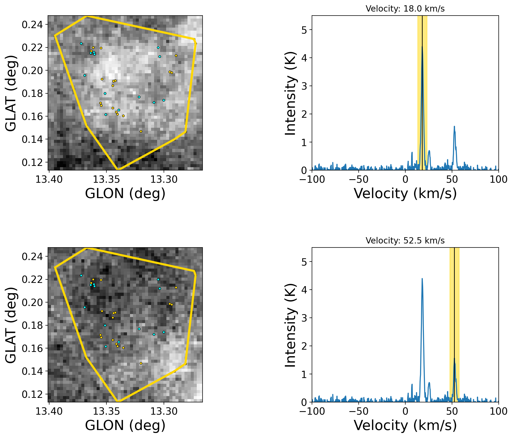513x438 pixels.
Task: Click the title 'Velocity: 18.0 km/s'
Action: point(405,9)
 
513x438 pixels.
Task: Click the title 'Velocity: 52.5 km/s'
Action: point(405,241)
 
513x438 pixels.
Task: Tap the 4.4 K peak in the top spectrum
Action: point(422,47)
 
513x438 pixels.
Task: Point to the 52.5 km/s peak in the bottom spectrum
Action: point(454,359)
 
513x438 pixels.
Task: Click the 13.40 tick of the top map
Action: point(49,179)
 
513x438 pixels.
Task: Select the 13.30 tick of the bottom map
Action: point(164,411)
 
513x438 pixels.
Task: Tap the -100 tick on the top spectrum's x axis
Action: point(312,179)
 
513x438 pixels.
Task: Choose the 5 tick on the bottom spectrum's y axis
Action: point(304,262)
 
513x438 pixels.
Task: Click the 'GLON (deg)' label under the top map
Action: point(125,194)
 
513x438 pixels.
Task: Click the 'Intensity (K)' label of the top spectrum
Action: point(290,93)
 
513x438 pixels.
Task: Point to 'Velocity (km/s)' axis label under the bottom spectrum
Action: point(405,425)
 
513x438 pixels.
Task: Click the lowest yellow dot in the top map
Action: point(141,131)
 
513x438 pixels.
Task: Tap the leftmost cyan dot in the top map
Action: point(81,43)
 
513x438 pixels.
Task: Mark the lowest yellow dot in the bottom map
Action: point(141,363)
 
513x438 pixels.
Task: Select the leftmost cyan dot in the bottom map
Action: point(81,275)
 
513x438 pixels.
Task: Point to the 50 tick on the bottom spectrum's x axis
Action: point(452,411)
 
